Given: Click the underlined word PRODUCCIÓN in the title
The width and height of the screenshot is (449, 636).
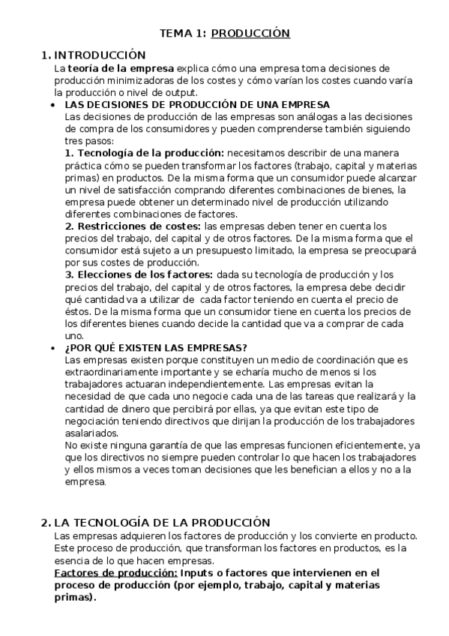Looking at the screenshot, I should click(x=250, y=34).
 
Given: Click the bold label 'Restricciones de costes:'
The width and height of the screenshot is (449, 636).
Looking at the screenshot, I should click(x=133, y=226).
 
